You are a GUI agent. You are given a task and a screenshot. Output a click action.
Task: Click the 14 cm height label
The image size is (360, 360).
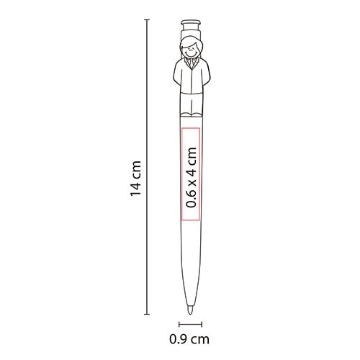(136, 179)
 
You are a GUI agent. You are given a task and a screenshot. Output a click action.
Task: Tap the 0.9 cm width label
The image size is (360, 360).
(189, 340)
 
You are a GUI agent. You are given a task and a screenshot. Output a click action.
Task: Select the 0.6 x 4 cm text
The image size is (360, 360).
(192, 177)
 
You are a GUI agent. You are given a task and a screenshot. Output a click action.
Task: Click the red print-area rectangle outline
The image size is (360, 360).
(181, 174)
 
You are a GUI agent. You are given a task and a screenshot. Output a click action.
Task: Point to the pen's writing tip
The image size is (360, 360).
(190, 312)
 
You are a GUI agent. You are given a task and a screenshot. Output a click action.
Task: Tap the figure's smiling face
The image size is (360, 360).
(191, 52)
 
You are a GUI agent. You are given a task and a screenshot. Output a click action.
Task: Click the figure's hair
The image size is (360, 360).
(192, 41)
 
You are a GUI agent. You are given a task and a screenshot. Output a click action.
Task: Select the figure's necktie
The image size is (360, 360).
(191, 63)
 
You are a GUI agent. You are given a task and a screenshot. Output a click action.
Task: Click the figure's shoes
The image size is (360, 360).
(192, 115)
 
